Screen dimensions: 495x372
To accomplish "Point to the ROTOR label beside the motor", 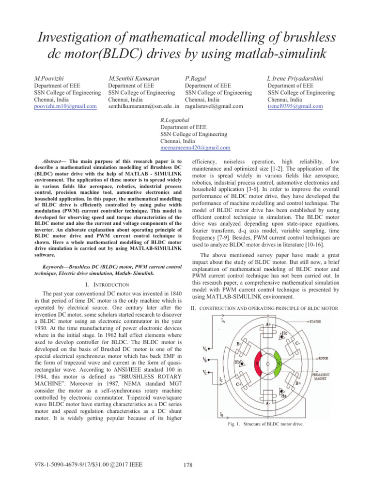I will [323, 359].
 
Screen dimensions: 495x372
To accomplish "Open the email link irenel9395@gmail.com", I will [295, 106].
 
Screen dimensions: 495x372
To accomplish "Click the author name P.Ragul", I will [196, 77].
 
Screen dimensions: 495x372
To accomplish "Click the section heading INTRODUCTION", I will [109, 284].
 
